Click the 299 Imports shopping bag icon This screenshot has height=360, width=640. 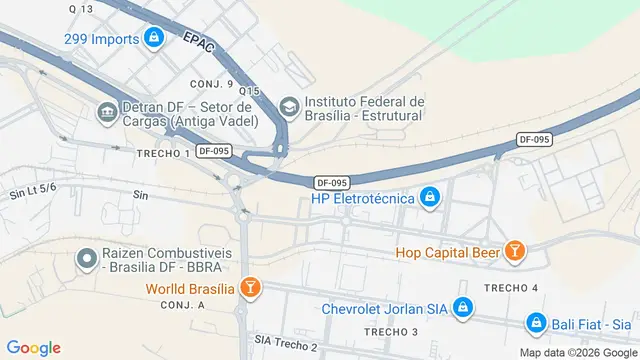point(153,39)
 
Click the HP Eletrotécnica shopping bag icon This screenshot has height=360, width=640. point(429,197)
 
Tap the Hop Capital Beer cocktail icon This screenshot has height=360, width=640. point(514,252)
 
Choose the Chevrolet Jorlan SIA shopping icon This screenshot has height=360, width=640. point(462,308)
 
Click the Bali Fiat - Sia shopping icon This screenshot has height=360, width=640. point(537,323)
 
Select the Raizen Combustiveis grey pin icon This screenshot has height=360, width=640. point(88,260)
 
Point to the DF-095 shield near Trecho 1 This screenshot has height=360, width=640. point(215,151)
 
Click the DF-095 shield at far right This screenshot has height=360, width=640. point(535,139)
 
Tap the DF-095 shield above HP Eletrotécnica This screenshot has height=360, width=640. point(331,182)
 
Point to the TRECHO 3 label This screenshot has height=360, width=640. point(391,331)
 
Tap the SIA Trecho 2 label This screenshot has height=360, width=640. point(285,344)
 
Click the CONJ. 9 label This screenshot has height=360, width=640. point(215,84)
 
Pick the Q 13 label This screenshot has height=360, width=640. point(82,8)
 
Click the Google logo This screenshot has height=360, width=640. point(33,347)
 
